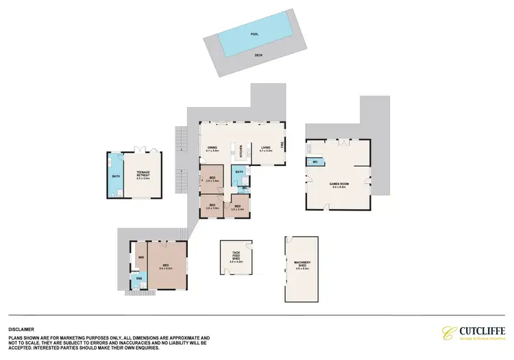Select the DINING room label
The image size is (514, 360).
212,147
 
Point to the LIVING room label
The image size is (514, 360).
265,147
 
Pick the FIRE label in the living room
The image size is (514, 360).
281,144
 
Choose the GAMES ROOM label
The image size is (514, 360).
336,184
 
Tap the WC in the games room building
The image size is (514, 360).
315,162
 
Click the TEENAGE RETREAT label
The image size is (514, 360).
143,175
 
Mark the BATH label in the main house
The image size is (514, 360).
239,171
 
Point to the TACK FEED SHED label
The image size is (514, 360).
236,256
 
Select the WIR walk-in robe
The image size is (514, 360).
140,258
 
